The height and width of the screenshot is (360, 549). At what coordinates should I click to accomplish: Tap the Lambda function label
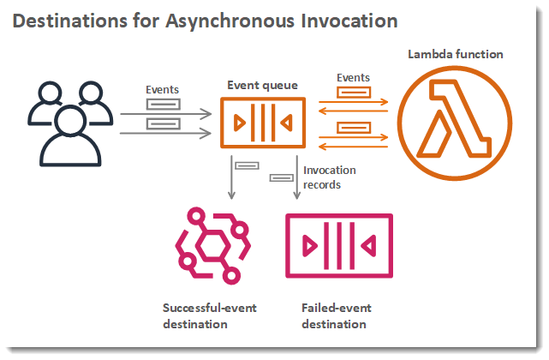point(455,55)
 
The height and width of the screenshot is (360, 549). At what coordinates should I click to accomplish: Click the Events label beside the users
point(162,88)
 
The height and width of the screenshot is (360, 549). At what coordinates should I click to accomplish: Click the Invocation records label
point(330,177)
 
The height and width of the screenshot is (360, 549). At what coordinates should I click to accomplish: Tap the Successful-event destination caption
point(209,315)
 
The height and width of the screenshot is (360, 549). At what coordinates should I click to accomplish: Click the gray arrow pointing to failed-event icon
point(297,180)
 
